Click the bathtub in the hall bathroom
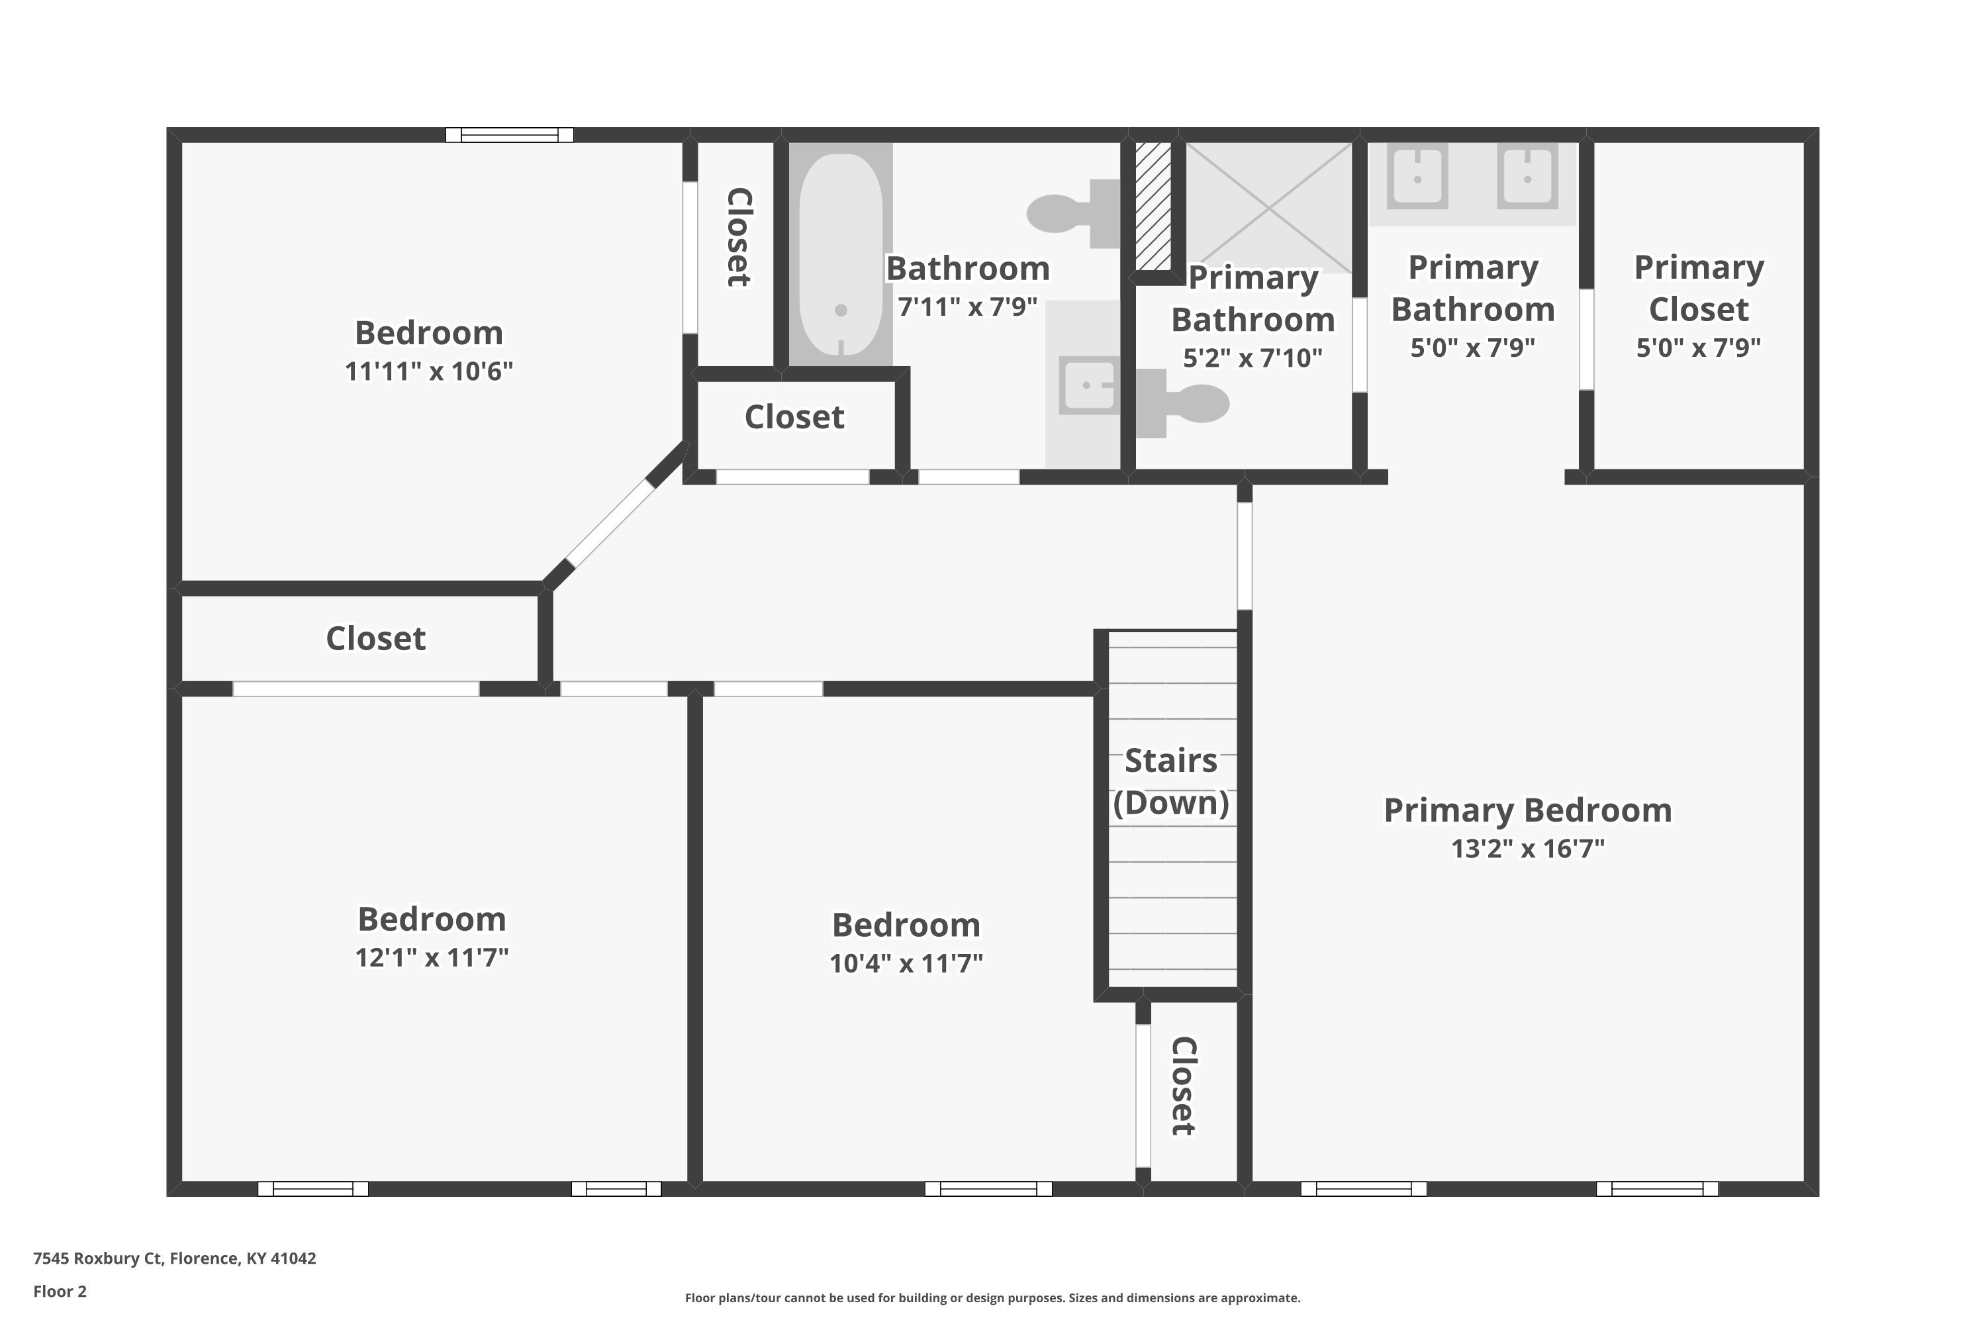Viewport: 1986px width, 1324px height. point(840,254)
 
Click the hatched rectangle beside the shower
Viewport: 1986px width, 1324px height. point(1153,206)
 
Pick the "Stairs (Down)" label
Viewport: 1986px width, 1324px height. point(1171,781)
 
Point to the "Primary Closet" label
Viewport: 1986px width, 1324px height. point(1699,288)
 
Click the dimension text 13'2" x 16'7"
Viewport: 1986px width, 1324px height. point(1527,848)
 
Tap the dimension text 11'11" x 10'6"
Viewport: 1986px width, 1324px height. point(428,371)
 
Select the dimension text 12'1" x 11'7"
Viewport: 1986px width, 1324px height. point(432,957)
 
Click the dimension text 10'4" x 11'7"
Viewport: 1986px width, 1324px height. point(906,963)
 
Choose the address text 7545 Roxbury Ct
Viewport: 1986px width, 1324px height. point(97,1258)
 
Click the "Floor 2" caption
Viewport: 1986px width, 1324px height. point(60,1291)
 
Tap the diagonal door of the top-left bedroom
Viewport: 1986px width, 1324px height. point(610,524)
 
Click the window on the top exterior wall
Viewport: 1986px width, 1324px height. point(509,135)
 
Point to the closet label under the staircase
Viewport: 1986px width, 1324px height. point(1183,1086)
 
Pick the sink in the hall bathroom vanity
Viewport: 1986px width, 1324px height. point(1088,385)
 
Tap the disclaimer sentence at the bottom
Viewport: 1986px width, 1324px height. point(992,1298)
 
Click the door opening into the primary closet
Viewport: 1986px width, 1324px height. point(1587,340)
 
